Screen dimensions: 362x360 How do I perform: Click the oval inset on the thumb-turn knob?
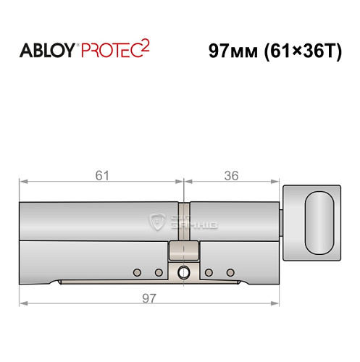[319, 222]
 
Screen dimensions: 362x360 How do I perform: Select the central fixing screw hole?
[183, 273]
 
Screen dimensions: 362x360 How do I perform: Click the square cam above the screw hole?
[179, 251]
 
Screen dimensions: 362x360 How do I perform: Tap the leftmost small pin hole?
[136, 272]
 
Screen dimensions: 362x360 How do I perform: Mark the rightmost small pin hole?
[230, 272]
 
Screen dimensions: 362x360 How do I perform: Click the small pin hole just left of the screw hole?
[159, 272]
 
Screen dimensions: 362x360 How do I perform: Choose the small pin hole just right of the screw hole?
[208, 272]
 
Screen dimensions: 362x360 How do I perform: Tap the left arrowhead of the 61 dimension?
[22, 182]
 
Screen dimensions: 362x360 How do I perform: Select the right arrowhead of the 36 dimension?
[275, 182]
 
